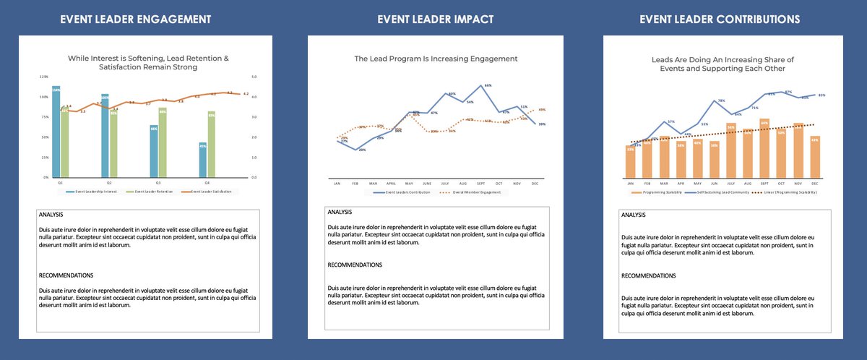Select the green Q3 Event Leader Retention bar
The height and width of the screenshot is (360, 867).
(x=163, y=142)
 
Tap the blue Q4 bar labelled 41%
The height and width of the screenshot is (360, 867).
(x=202, y=160)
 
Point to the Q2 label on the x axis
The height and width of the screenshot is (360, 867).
(x=108, y=183)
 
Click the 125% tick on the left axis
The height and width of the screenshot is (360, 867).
(x=44, y=77)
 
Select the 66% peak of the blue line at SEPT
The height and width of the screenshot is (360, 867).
(x=480, y=85)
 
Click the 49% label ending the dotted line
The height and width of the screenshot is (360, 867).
(x=542, y=110)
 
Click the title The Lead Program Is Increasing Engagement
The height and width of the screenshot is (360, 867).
(x=436, y=58)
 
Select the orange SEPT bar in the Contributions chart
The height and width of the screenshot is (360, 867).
(x=764, y=148)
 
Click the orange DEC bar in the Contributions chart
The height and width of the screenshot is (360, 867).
(x=815, y=157)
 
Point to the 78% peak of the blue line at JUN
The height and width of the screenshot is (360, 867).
(x=715, y=100)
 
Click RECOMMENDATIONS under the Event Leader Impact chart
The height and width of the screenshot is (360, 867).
(x=355, y=265)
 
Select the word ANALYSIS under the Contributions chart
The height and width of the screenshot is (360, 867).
(x=634, y=215)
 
